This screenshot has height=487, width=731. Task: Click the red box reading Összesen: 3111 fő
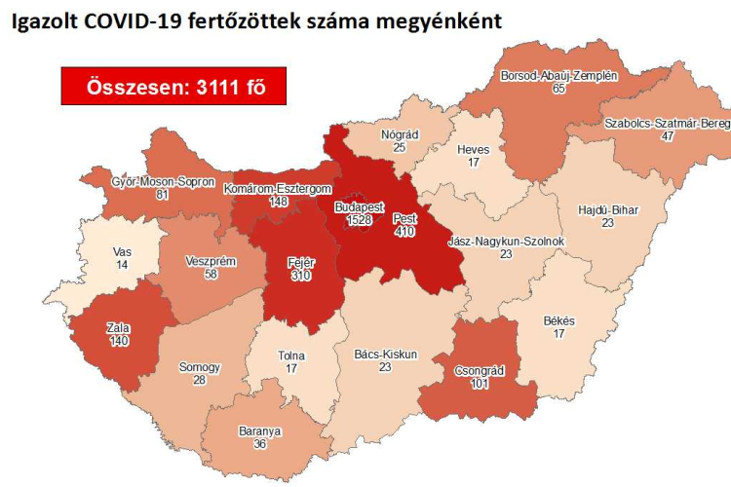(x=173, y=87)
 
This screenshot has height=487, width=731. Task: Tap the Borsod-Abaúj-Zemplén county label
(x=558, y=74)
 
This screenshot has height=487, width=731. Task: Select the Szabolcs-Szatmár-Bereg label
(x=667, y=124)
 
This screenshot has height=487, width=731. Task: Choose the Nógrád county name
(x=400, y=133)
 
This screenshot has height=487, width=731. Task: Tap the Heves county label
(x=473, y=149)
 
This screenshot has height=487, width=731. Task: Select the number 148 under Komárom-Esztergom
(x=278, y=202)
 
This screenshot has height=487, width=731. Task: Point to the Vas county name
(x=121, y=251)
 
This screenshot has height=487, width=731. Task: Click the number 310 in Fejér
(x=300, y=278)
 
